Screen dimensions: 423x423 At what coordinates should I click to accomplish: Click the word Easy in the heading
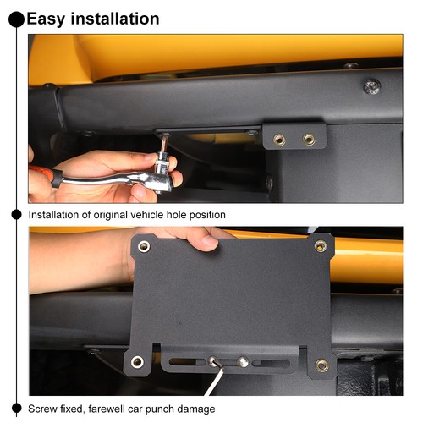click(x=47, y=19)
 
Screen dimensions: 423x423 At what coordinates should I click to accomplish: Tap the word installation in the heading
click(x=115, y=19)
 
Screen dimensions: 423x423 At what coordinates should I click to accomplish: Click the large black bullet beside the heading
click(x=16, y=19)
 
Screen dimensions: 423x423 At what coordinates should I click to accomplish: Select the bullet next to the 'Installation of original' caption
click(x=17, y=215)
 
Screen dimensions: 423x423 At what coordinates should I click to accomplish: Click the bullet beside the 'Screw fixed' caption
click(x=17, y=408)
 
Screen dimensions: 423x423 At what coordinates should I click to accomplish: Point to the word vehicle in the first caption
click(x=147, y=215)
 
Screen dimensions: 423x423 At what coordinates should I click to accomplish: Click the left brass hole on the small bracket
click(x=279, y=140)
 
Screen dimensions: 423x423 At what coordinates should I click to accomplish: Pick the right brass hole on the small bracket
click(x=309, y=139)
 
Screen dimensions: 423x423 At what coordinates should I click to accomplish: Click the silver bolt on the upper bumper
click(x=372, y=86)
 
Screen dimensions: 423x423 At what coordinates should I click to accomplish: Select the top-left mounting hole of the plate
click(x=144, y=246)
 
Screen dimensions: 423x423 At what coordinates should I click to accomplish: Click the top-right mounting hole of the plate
click(x=321, y=246)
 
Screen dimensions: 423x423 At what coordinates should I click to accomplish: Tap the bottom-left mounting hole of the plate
click(x=137, y=362)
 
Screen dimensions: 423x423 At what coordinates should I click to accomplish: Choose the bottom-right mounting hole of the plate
click(x=321, y=365)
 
